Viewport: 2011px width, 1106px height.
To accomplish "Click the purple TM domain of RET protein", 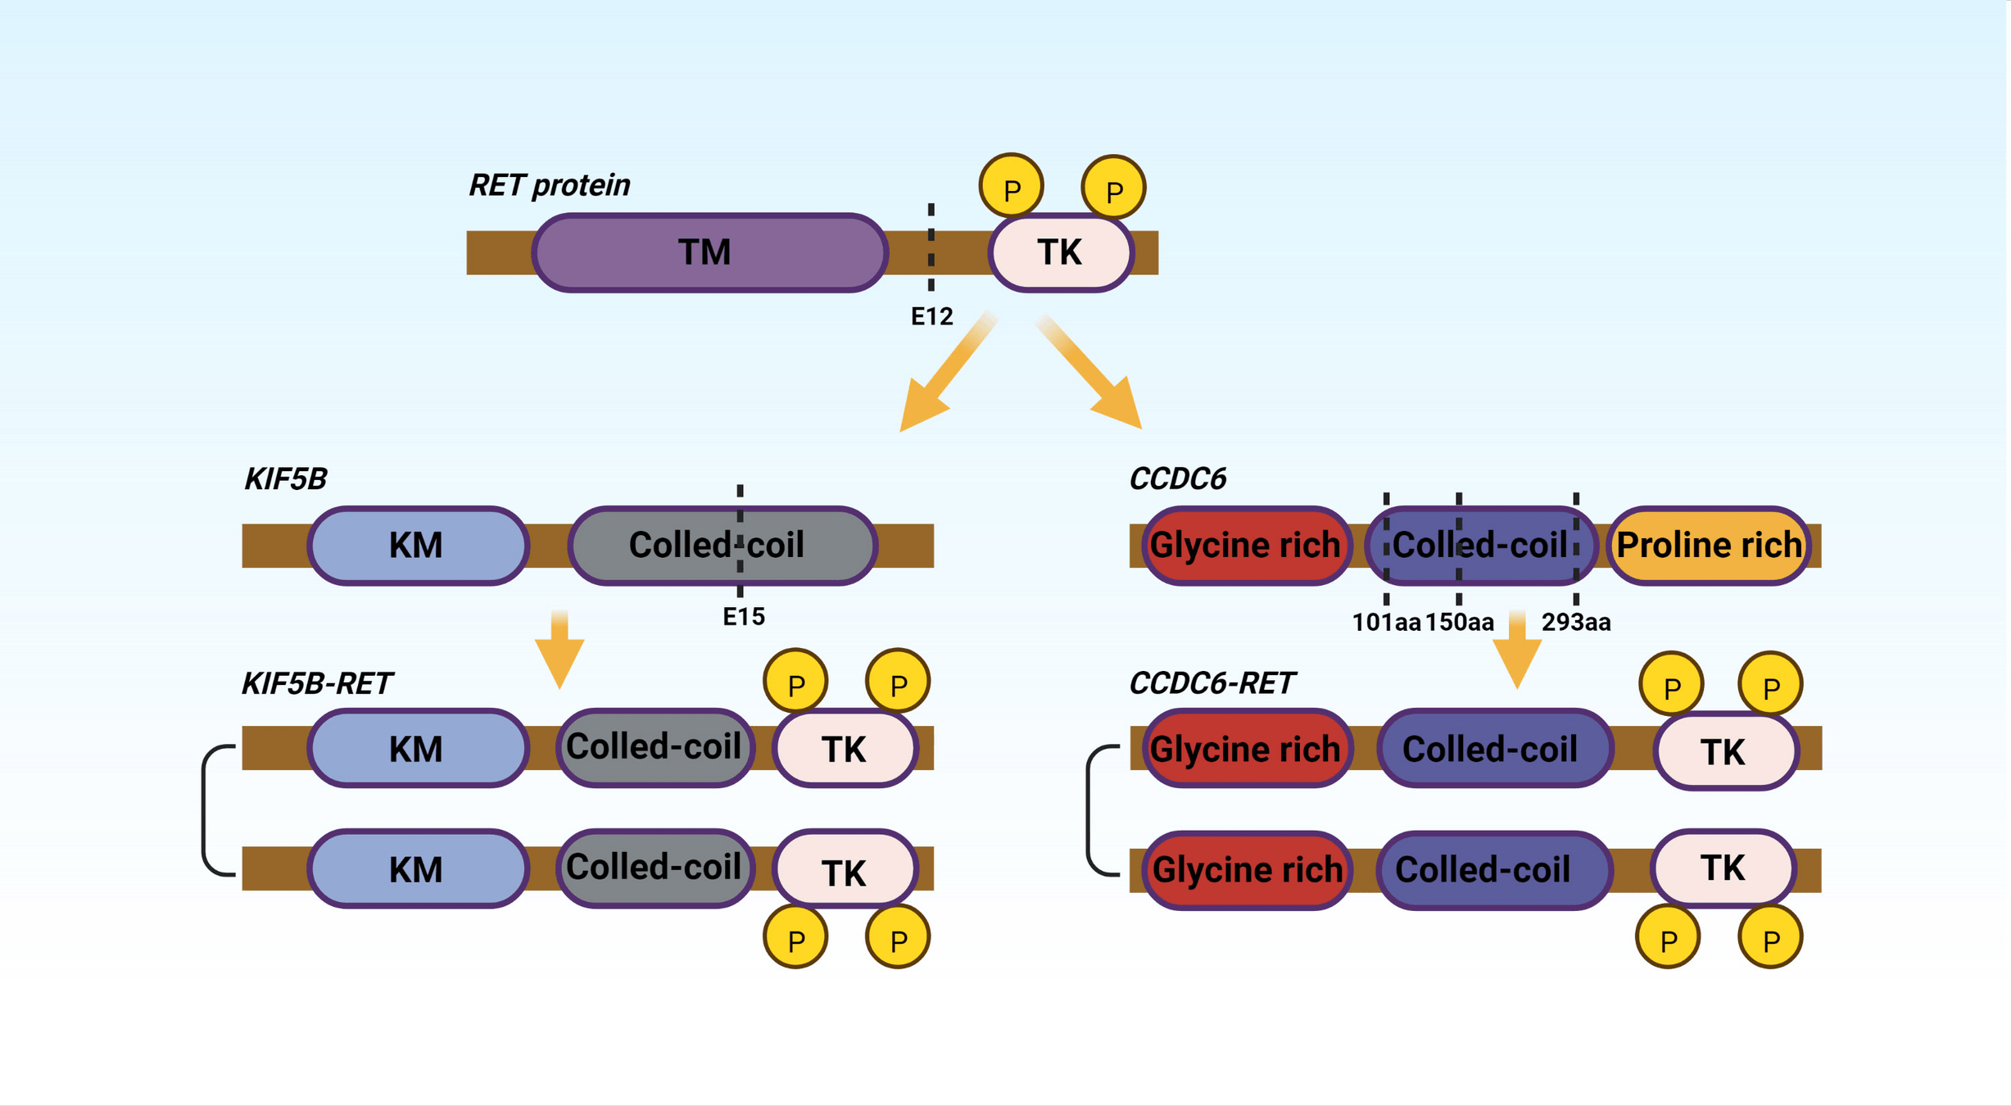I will pyautogui.click(x=709, y=252).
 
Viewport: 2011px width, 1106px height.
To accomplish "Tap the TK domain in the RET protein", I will pyautogui.click(x=1061, y=252).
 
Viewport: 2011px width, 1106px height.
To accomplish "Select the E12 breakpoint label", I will pyautogui.click(x=931, y=317).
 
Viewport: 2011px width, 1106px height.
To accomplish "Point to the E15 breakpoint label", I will pyautogui.click(x=743, y=617).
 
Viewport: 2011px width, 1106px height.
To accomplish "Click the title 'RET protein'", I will pyautogui.click(x=549, y=185).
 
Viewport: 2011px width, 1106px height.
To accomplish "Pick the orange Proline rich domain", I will pyautogui.click(x=1709, y=546).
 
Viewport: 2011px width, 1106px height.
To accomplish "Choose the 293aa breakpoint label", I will pyautogui.click(x=1575, y=623).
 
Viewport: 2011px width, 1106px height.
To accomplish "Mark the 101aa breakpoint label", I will pyautogui.click(x=1386, y=623).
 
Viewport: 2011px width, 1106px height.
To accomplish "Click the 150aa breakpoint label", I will pyautogui.click(x=1459, y=623).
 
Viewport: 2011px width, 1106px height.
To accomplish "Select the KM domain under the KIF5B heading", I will pyautogui.click(x=418, y=546).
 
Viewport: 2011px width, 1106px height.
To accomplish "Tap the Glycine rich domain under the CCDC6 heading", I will pyautogui.click(x=1245, y=546).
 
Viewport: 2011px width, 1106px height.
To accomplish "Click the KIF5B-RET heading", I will pyautogui.click(x=317, y=683).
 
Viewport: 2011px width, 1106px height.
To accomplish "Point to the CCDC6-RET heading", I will pyautogui.click(x=1212, y=683).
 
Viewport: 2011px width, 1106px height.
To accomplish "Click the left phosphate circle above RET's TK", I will pyautogui.click(x=1012, y=187).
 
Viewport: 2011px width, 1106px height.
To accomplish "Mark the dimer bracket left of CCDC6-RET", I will pyautogui.click(x=1090, y=810).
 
